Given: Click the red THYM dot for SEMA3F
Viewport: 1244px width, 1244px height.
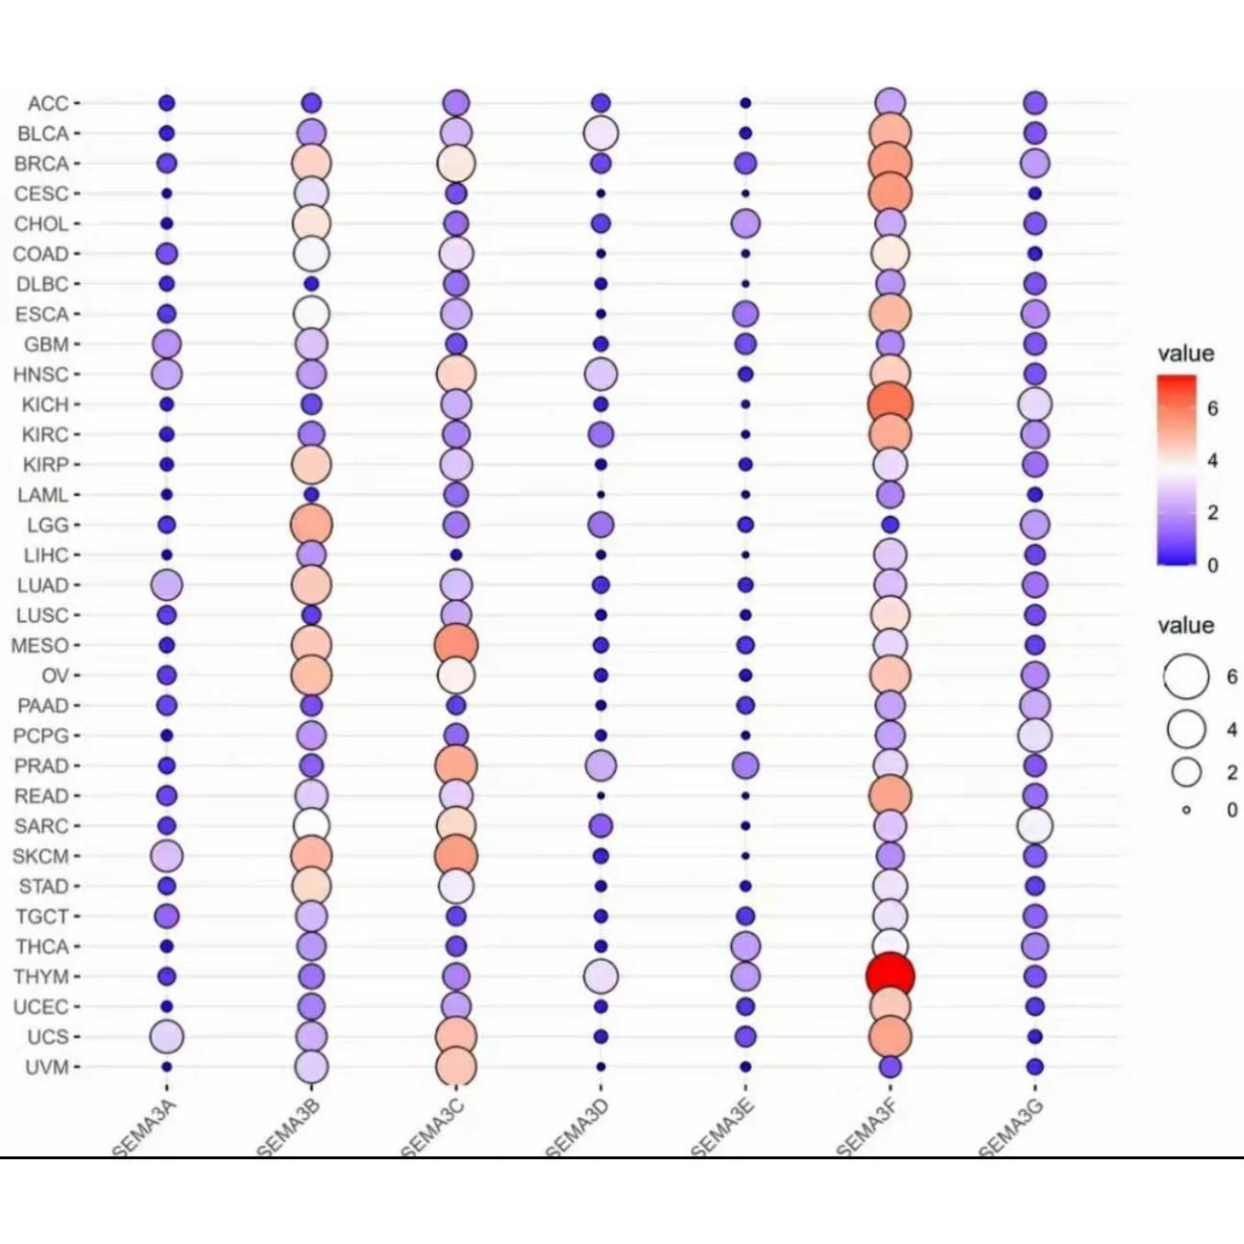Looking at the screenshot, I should pyautogui.click(x=890, y=975).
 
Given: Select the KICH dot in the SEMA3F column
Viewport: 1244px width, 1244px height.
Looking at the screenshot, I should pyautogui.click(x=890, y=403).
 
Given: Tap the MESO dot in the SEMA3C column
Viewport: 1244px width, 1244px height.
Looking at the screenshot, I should pyautogui.click(x=456, y=644).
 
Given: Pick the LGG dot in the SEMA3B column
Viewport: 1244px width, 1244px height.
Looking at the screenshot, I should pyautogui.click(x=311, y=525).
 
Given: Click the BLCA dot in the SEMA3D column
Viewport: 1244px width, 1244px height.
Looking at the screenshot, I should pyautogui.click(x=601, y=133).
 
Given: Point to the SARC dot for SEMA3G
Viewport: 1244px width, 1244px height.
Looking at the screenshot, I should pyautogui.click(x=1035, y=825).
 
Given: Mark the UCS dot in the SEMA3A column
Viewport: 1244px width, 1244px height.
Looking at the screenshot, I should pyautogui.click(x=167, y=1036).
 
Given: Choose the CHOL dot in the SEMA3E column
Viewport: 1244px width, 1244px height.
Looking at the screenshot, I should pyautogui.click(x=745, y=223).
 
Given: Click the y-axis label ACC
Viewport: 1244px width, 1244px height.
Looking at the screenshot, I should pyautogui.click(x=47, y=103).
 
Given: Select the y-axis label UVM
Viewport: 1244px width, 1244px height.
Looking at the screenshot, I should pyautogui.click(x=46, y=1067).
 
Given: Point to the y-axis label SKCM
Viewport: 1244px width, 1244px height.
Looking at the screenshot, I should pyautogui.click(x=40, y=856).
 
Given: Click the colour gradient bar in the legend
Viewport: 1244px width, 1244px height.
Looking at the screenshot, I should pyautogui.click(x=1177, y=469).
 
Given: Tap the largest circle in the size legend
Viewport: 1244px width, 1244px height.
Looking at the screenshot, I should pyautogui.click(x=1186, y=676).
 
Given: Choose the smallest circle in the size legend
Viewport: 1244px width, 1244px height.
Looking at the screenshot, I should pyautogui.click(x=1186, y=810).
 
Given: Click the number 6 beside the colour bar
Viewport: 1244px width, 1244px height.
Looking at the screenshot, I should pyautogui.click(x=1213, y=408).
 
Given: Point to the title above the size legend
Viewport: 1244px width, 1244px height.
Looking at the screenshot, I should pyautogui.click(x=1185, y=626).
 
